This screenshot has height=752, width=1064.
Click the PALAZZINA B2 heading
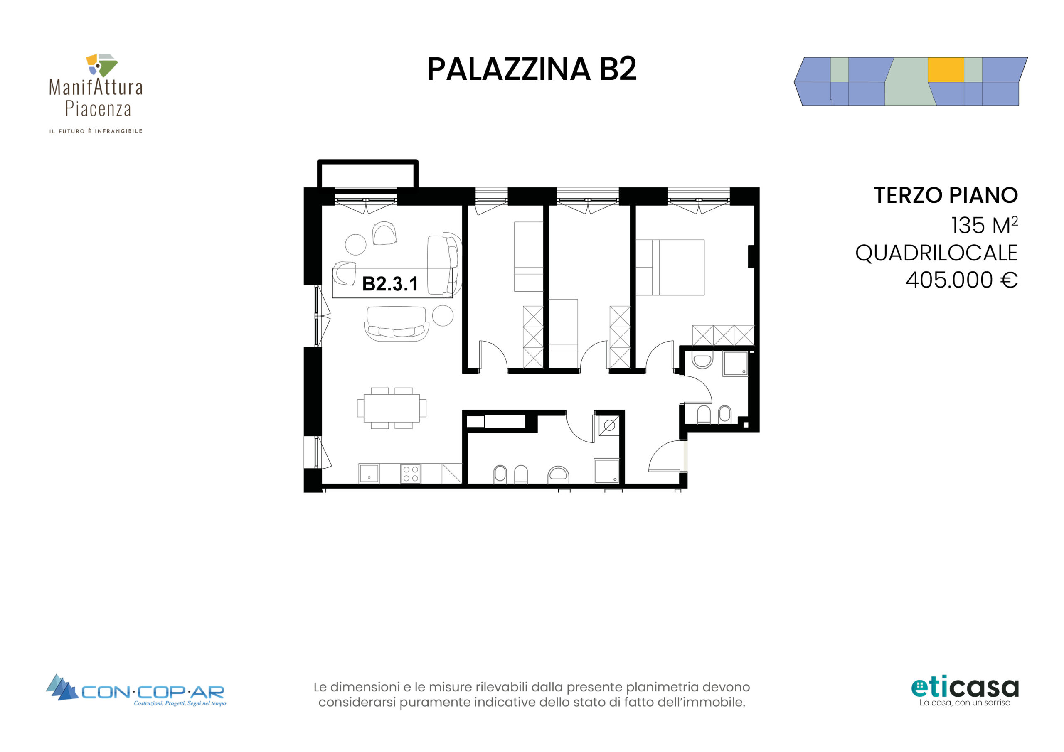(x=532, y=69)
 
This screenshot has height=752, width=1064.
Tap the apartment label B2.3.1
(x=390, y=284)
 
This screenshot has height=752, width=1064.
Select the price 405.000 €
(x=962, y=280)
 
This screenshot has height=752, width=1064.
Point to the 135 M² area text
(x=984, y=225)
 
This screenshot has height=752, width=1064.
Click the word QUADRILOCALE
(x=936, y=253)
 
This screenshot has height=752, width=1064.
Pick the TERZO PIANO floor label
(x=946, y=195)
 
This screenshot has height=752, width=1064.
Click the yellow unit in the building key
(x=946, y=70)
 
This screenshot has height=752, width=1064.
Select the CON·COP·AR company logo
(x=136, y=691)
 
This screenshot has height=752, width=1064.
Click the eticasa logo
(x=965, y=692)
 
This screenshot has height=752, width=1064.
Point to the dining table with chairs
(x=392, y=408)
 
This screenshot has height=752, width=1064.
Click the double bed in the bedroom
(x=670, y=267)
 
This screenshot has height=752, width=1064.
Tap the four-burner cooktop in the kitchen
(x=411, y=474)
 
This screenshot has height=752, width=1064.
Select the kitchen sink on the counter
(x=369, y=474)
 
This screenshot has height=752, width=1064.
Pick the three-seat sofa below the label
(x=396, y=324)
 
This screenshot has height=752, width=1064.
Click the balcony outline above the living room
(x=367, y=174)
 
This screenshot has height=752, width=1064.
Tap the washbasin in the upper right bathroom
(x=702, y=361)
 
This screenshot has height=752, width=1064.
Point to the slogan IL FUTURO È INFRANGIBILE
(x=96, y=131)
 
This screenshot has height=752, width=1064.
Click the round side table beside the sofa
(x=443, y=315)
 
